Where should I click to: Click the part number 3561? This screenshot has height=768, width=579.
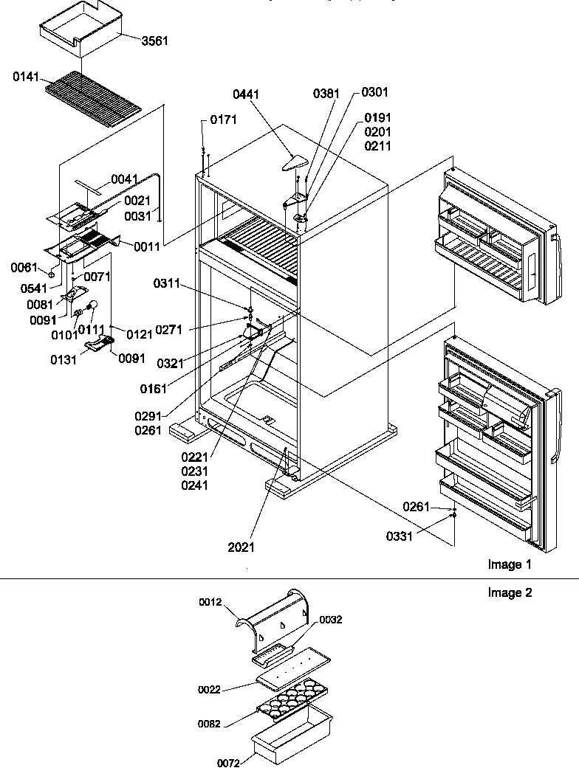pyautogui.click(x=154, y=41)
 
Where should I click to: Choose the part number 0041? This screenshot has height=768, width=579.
pyautogui.click(x=126, y=179)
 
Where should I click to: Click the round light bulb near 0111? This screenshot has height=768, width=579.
pyautogui.click(x=94, y=304)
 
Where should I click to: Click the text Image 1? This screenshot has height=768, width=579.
pyautogui.click(x=509, y=565)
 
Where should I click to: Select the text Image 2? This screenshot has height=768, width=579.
pyautogui.click(x=509, y=592)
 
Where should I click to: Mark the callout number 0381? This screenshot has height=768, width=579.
pyautogui.click(x=327, y=93)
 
